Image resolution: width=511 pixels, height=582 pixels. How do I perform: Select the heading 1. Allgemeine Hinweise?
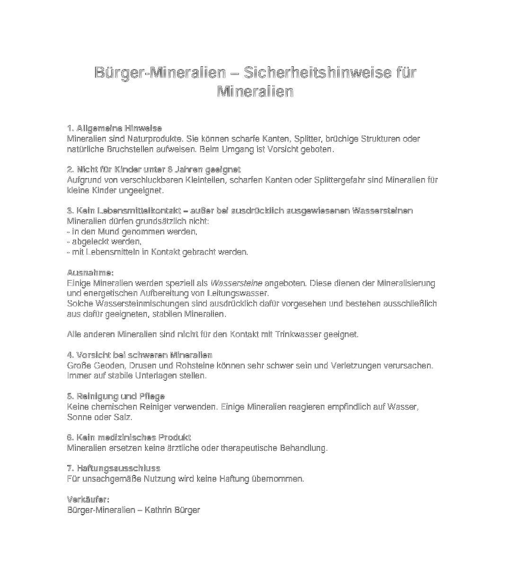coord(115,128)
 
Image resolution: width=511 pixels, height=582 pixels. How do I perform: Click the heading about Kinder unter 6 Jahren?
coord(154,170)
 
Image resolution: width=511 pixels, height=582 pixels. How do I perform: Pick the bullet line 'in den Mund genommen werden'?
coord(132,232)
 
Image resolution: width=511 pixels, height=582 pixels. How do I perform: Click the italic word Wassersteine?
coord(236,283)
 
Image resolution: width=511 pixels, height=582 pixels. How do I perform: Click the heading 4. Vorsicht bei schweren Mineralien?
coord(140,355)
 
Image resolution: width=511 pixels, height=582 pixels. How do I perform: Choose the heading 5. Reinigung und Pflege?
coord(116,396)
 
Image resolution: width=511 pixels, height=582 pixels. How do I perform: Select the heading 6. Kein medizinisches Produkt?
coord(129,438)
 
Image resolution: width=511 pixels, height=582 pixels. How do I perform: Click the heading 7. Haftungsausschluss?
coord(114,468)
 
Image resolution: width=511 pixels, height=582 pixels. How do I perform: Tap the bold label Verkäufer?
coord(88,499)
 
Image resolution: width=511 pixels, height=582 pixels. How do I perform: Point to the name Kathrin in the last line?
coord(158,510)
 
